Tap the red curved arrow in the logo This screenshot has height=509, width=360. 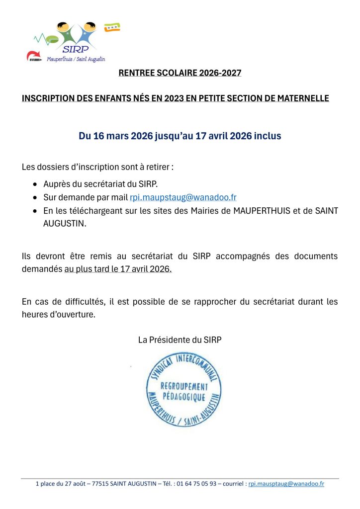click(x=34, y=56)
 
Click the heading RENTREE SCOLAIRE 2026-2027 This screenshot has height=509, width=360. click(x=180, y=73)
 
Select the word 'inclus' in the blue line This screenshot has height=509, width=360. click(x=268, y=136)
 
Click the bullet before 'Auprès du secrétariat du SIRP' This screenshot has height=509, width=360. click(x=34, y=184)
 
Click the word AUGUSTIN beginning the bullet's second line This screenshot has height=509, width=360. click(x=65, y=224)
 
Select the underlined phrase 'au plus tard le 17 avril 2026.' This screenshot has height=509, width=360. click(x=118, y=269)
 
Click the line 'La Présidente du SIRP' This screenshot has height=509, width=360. click(x=180, y=339)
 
